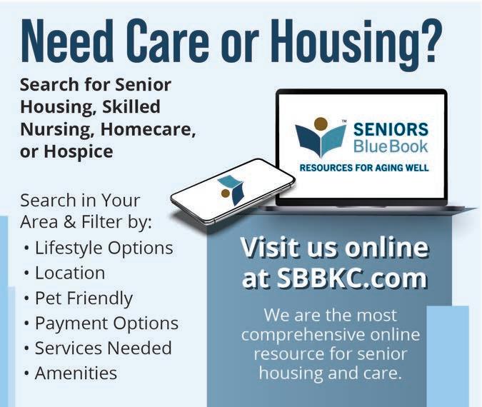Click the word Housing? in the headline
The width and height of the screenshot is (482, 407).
coord(356,41)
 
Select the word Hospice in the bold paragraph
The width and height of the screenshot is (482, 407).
coord(79,151)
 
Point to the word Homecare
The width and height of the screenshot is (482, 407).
coord(148,129)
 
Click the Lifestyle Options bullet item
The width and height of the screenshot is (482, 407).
coord(104,248)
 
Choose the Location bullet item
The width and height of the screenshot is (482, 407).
coord(70,273)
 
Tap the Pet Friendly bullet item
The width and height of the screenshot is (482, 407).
coord(84,298)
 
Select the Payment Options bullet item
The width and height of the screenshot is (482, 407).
coord(106,323)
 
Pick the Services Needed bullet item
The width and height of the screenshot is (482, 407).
coord(103,348)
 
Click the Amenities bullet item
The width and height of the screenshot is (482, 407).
coord(76,373)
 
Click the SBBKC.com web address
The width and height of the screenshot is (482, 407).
coord(351,278)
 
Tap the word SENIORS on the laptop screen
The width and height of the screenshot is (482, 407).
coord(391,129)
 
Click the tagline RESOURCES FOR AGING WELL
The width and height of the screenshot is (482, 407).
coord(364,168)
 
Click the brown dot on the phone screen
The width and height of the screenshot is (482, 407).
coord(226,194)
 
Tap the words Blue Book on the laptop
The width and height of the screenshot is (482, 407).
coord(391,146)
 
